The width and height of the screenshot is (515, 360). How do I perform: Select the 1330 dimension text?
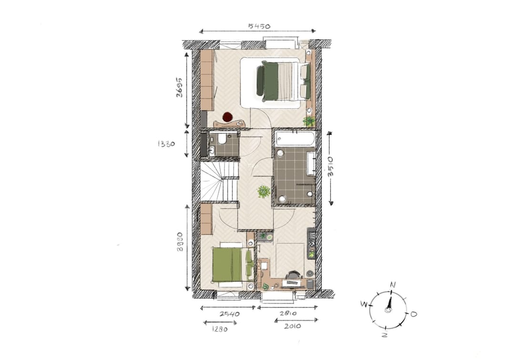(166, 143)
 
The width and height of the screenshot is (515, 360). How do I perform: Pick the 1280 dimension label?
(219, 329)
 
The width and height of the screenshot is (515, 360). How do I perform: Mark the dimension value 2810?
(288, 314)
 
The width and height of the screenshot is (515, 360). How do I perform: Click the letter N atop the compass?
(392, 285)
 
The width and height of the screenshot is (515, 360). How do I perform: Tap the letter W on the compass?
(363, 304)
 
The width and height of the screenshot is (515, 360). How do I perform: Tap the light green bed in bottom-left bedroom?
(227, 265)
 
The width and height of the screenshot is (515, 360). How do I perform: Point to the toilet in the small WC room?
(222, 139)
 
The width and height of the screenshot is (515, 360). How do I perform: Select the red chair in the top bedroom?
(227, 117)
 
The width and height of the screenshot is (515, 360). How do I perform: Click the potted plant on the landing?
(264, 192)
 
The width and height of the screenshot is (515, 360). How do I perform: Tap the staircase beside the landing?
(219, 182)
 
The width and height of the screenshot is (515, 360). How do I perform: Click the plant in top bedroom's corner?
(309, 121)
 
